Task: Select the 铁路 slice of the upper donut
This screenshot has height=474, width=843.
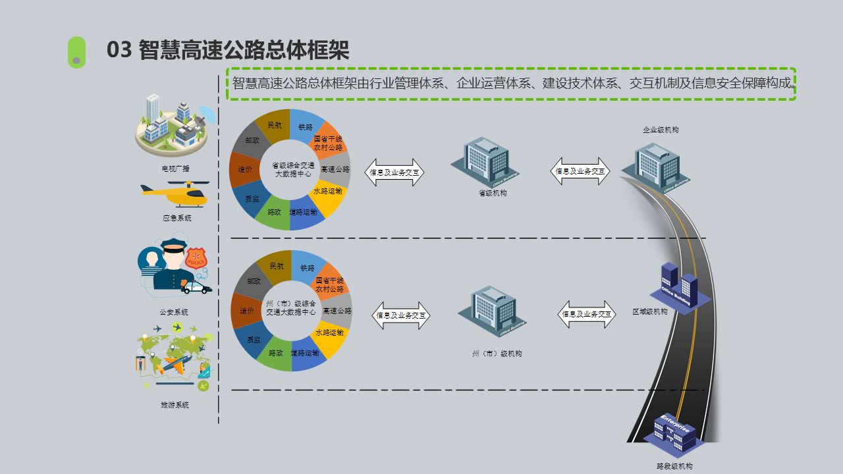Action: point(306,126)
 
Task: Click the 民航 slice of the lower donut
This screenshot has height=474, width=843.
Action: point(277,266)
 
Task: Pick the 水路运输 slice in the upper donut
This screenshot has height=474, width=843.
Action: point(327,192)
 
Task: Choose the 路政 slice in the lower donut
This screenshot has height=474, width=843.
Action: point(275,353)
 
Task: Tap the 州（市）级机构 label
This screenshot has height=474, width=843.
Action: point(497,354)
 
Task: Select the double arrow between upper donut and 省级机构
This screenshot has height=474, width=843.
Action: point(394,172)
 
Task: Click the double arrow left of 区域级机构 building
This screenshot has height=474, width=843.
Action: point(587,315)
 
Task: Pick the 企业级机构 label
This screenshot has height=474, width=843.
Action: point(661,130)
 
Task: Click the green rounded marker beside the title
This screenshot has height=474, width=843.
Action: point(76,52)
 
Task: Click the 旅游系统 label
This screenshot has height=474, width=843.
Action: point(175,405)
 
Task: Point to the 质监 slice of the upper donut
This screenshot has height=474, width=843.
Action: point(252,198)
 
